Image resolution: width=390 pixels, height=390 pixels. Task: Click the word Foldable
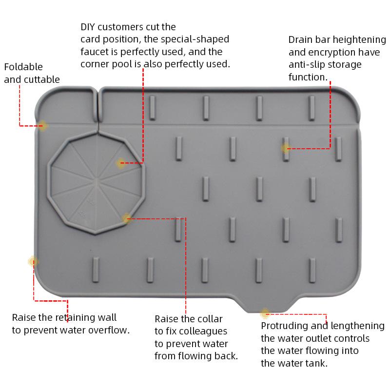(x=23, y=67)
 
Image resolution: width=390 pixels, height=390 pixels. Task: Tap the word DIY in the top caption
(x=89, y=27)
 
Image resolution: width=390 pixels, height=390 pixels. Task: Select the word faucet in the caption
(x=95, y=52)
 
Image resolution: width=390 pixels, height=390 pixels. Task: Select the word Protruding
(x=283, y=326)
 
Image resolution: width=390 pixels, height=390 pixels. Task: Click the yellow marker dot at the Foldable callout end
(x=43, y=126)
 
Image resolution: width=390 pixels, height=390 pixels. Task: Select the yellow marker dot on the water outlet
(x=265, y=313)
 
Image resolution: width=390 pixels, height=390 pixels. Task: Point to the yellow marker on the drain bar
(x=286, y=148)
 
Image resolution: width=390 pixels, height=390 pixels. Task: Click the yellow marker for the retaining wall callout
(x=33, y=262)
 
